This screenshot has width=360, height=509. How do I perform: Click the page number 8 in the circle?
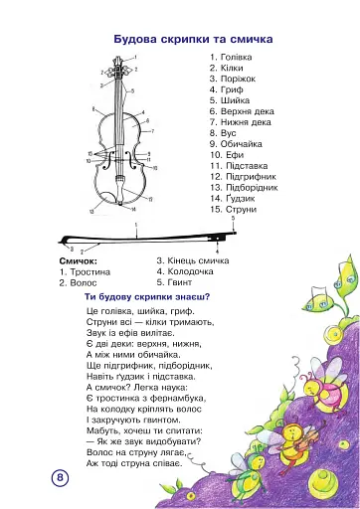click(60, 478)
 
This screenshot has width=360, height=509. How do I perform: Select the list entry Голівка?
click(237, 57)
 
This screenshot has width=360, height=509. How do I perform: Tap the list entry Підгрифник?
click(251, 177)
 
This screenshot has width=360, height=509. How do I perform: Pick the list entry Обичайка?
click(242, 144)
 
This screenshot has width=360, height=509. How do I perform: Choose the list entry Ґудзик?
click(241, 198)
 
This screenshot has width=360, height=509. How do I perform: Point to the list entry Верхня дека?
click(248, 111)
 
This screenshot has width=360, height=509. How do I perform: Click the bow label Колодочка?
click(190, 271)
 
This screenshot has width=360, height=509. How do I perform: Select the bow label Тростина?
click(90, 272)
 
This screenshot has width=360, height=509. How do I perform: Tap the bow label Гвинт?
click(180, 282)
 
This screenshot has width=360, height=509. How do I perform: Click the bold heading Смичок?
click(79, 261)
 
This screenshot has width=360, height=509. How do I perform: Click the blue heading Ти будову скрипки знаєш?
click(147, 297)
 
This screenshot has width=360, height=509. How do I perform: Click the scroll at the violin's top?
click(117, 61)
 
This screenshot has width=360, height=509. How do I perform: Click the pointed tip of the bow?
click(60, 242)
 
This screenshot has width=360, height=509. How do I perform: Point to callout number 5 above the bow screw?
click(233, 218)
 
